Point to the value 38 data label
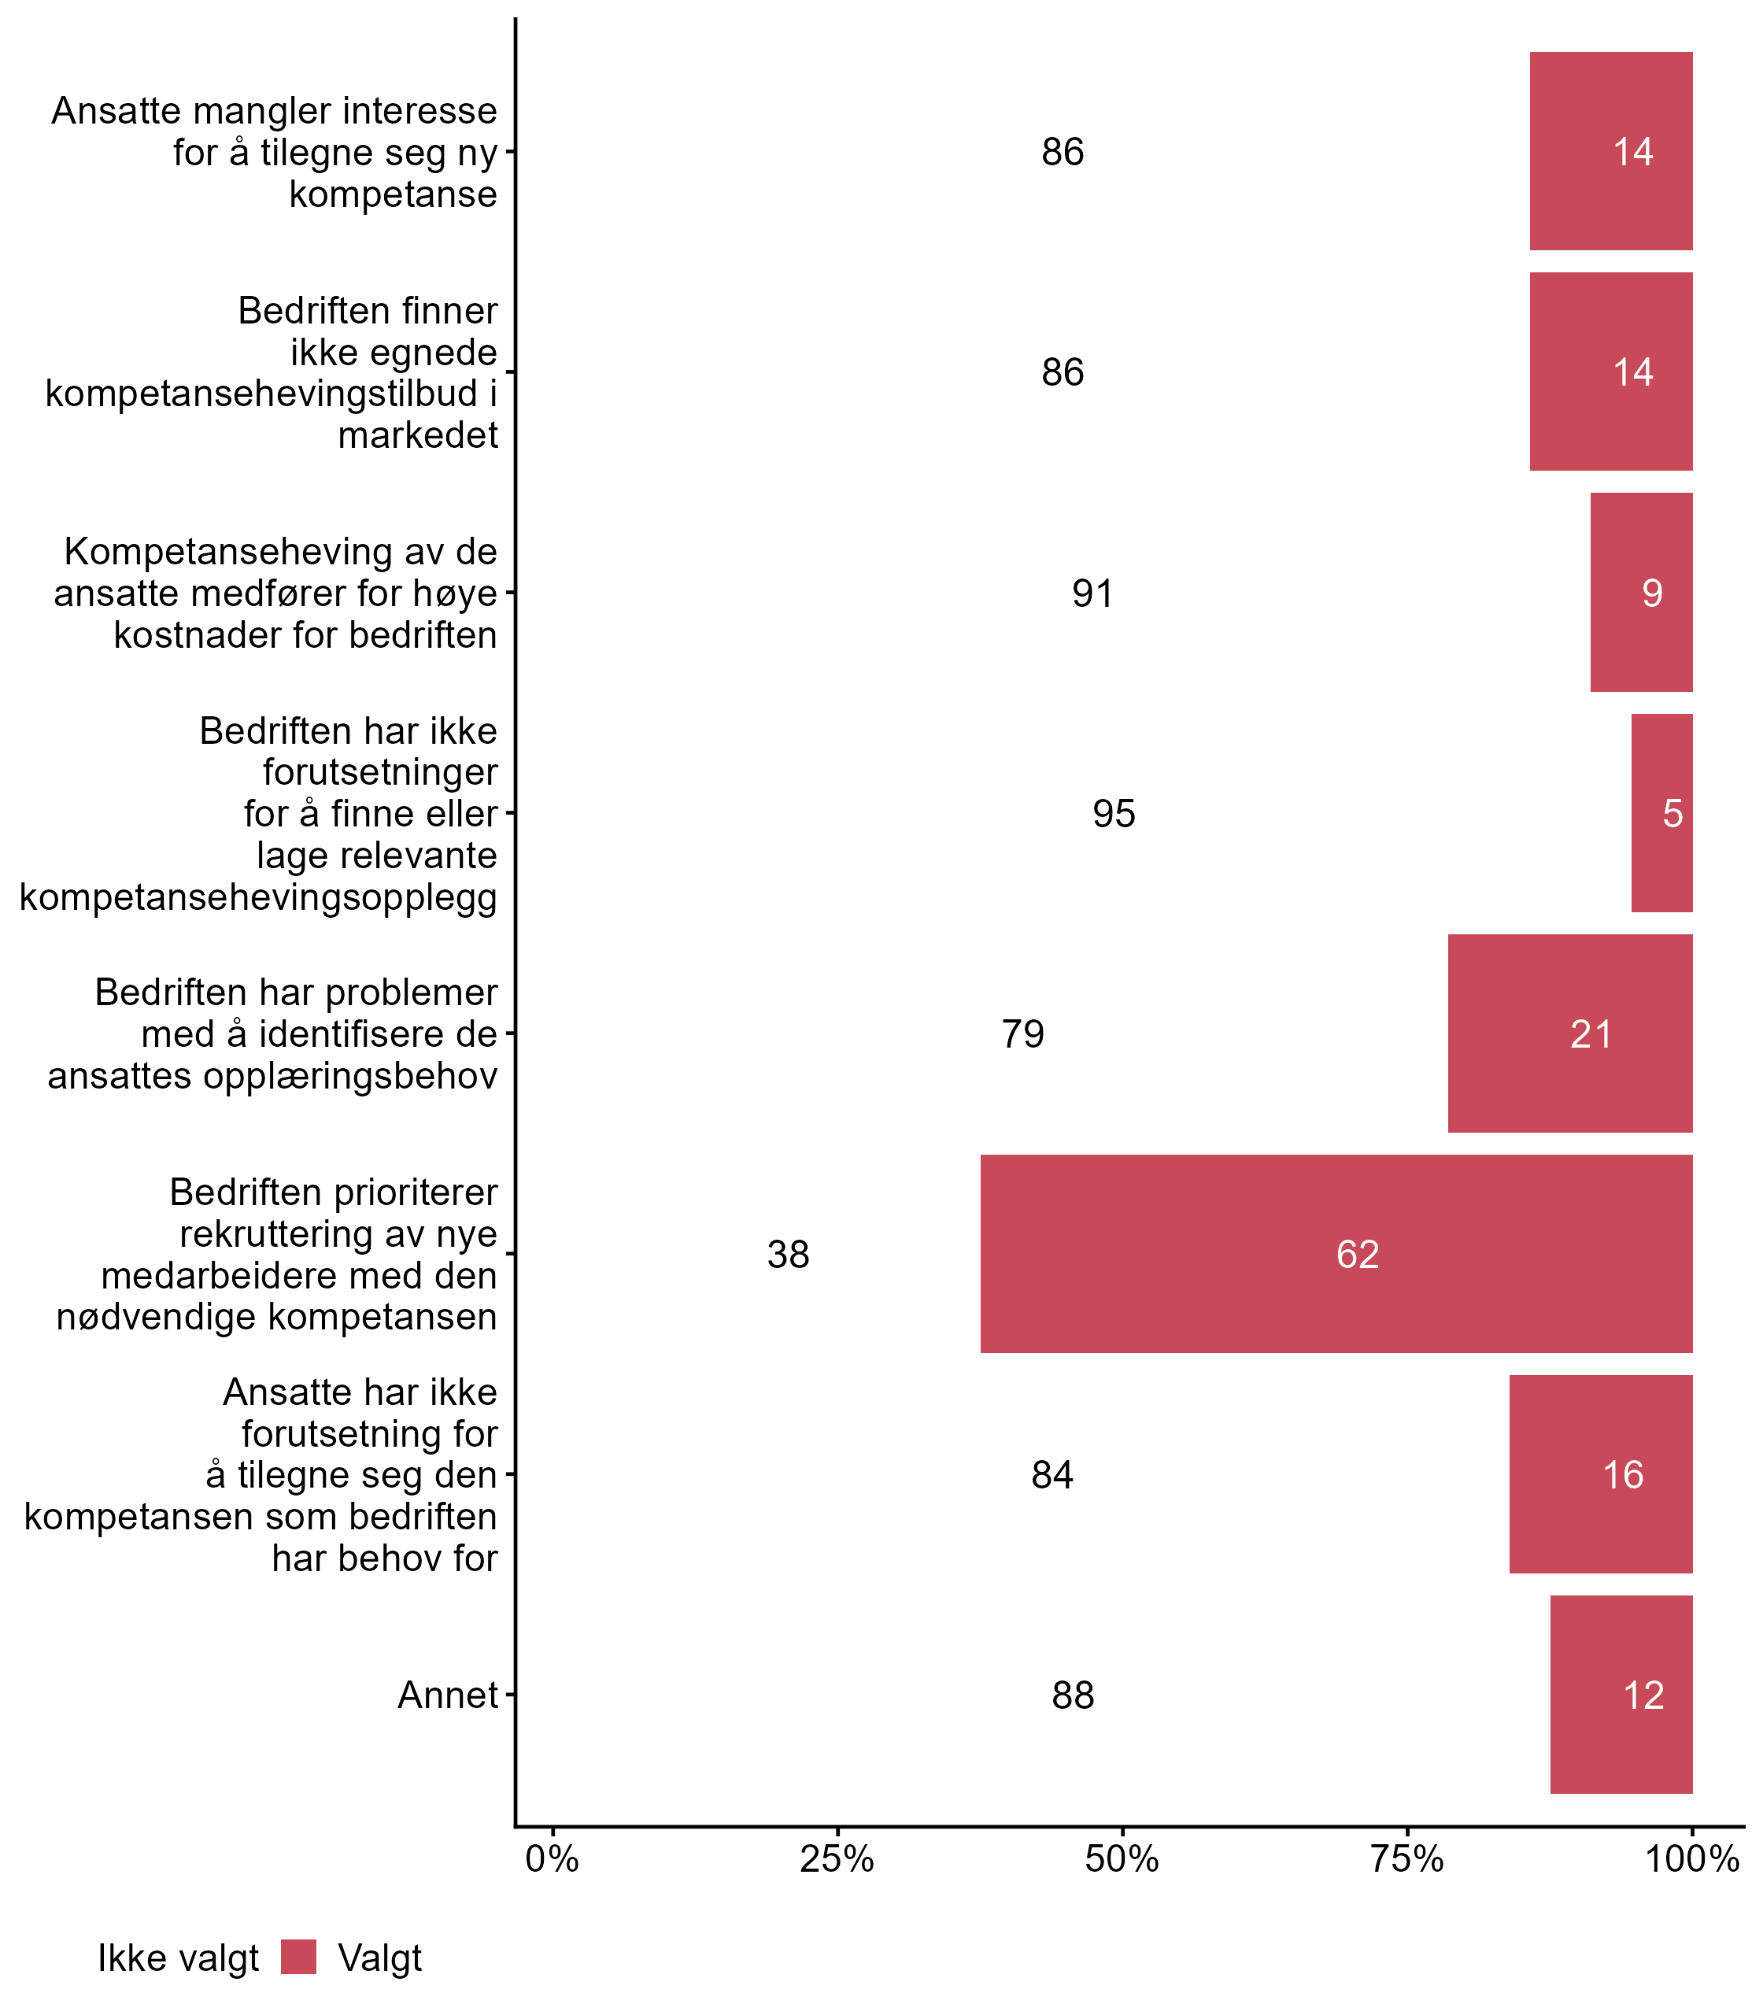(x=788, y=1255)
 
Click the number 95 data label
(x=1114, y=814)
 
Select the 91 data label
(x=1093, y=593)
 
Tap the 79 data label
(x=1022, y=1034)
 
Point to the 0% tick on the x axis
(x=552, y=1859)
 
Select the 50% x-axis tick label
(x=1122, y=1859)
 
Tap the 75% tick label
(x=1407, y=1859)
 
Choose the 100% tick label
(x=1692, y=1859)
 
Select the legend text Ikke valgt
(x=178, y=1958)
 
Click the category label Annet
(x=448, y=1695)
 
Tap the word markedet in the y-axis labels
(x=418, y=434)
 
